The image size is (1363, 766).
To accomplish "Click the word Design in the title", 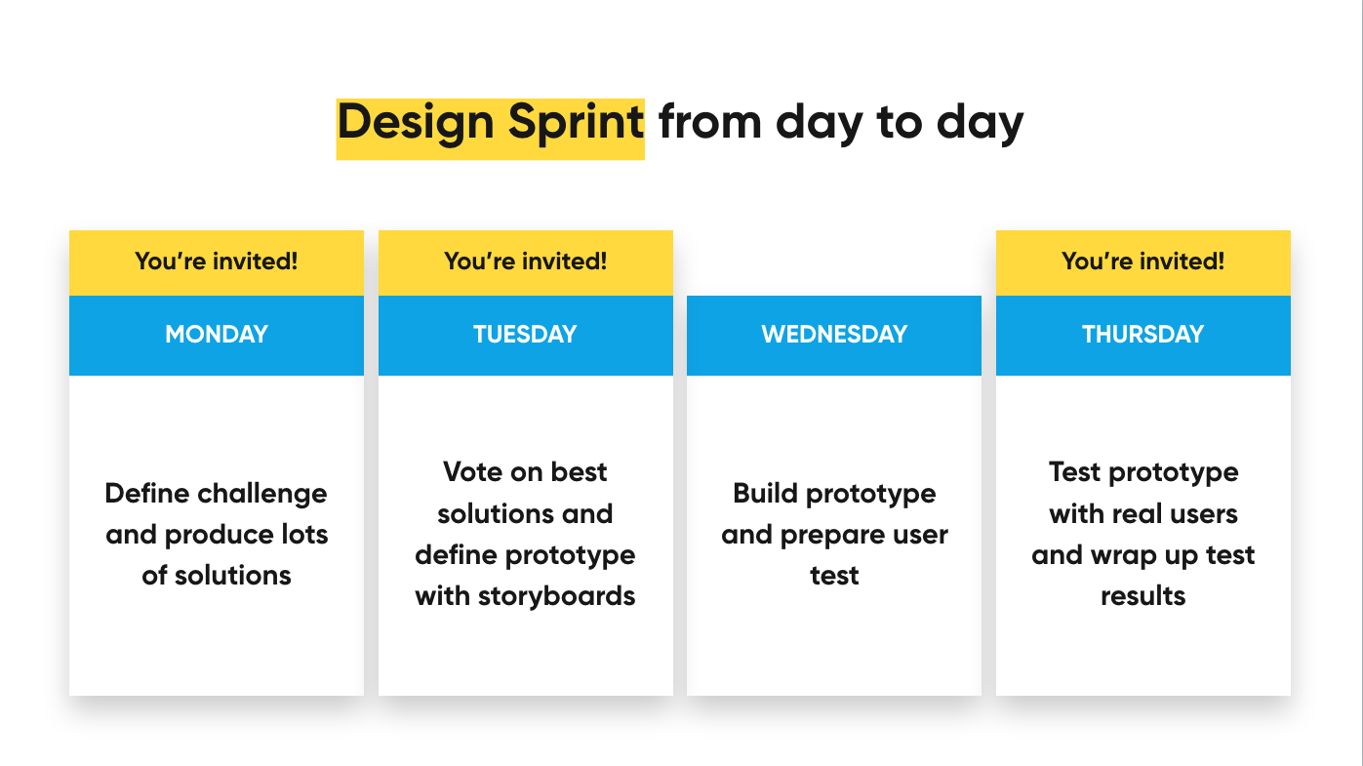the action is click(x=416, y=124).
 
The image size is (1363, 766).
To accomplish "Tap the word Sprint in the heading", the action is click(x=576, y=124).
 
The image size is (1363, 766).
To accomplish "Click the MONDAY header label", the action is click(x=217, y=334).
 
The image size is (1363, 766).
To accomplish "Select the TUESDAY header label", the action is click(x=525, y=334).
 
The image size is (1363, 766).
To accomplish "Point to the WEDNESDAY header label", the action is click(x=834, y=334).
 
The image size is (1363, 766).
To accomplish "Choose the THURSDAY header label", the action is click(x=1143, y=334).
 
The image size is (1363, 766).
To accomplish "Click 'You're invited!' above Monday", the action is click(x=217, y=261).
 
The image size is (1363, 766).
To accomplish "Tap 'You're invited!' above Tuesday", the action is click(x=526, y=261).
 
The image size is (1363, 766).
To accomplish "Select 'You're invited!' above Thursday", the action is click(x=1143, y=261).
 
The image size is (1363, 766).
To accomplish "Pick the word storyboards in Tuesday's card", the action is click(x=556, y=596).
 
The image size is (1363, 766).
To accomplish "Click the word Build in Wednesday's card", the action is click(x=765, y=493).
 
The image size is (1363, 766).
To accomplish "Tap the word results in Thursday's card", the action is click(x=1143, y=596).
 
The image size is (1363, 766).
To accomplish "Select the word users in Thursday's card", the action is click(x=1204, y=514).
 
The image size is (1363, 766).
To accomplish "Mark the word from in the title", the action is click(x=710, y=123).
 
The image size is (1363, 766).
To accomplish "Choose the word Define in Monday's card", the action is click(x=146, y=493).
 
